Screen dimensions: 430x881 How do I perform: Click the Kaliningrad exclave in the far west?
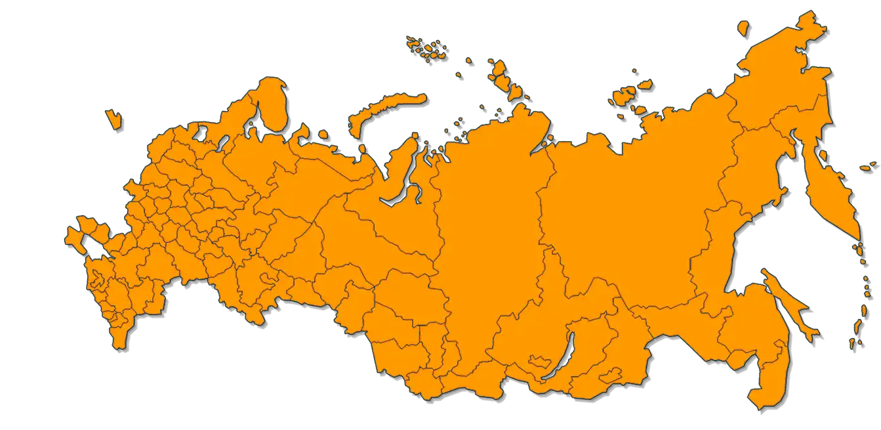[x=113, y=118]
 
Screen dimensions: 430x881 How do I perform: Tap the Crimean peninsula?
[x=74, y=238]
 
